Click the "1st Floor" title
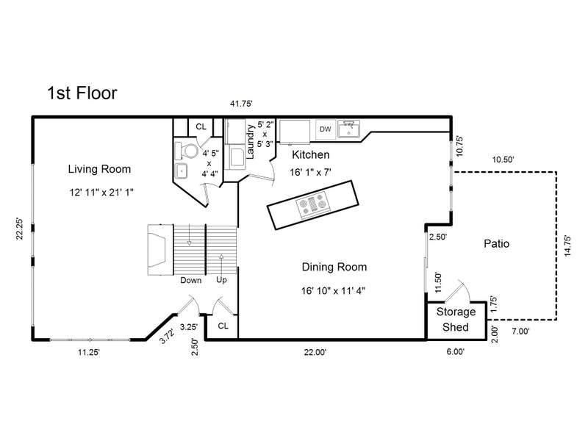coord(82,93)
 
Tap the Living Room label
coord(99,169)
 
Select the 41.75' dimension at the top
coord(241,104)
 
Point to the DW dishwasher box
coord(326,129)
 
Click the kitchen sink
coord(348,129)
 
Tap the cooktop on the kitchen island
coord(313,205)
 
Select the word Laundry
coord(251,141)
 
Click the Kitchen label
coord(310,154)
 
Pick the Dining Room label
coord(334,267)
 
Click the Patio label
coord(497,244)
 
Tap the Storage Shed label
coord(456,320)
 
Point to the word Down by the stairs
coord(191,281)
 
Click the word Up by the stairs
coord(221,281)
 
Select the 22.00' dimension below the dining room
coord(315,352)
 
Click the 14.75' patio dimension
coord(567,246)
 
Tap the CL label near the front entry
coord(223,326)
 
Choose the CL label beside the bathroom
coord(201,126)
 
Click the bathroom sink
coord(182,171)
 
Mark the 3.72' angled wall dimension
coord(167,336)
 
